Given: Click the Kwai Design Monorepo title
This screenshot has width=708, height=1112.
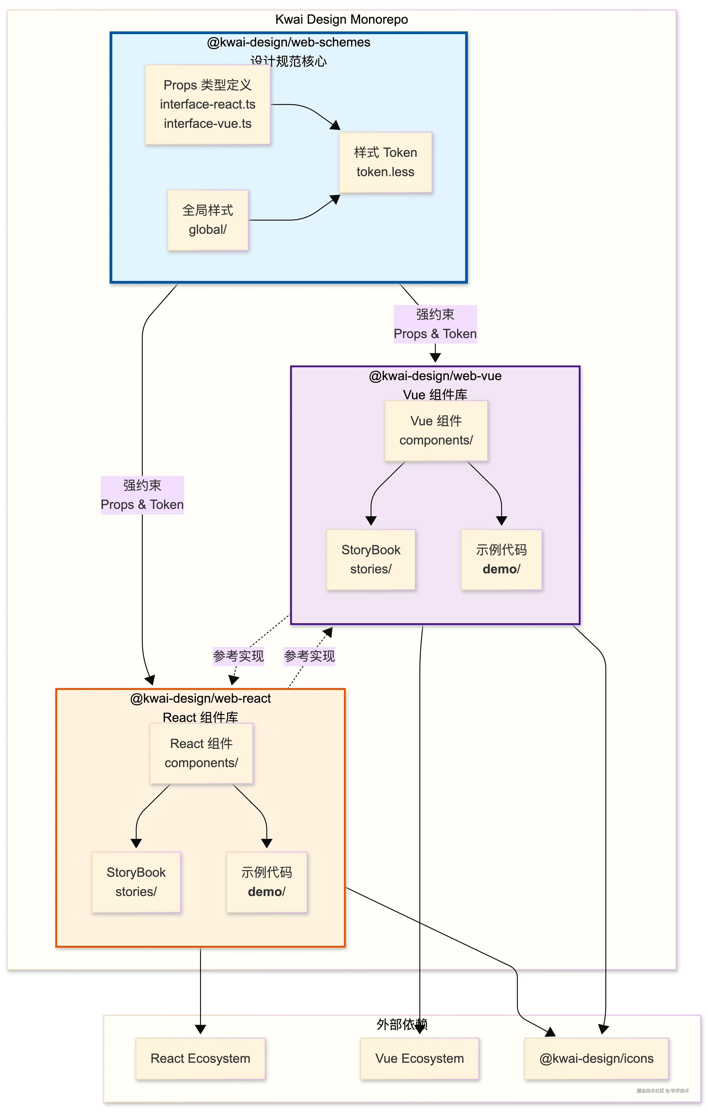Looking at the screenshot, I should point(342,19).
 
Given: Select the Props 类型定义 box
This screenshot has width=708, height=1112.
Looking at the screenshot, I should point(208,104).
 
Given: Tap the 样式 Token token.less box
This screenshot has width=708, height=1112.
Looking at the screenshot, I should point(385,162).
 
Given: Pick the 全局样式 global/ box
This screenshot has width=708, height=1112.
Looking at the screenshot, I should point(208,220).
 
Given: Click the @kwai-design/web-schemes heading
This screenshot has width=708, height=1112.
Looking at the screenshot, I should point(288,42).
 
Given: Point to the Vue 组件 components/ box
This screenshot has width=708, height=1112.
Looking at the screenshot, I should point(436,430).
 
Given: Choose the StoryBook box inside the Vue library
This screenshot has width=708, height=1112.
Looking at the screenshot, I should point(371,559).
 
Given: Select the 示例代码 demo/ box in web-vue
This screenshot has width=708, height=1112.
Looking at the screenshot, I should point(501,559).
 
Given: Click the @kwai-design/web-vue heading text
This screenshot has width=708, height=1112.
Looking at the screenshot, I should point(435,376).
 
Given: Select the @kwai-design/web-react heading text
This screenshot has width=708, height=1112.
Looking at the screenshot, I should point(200,698).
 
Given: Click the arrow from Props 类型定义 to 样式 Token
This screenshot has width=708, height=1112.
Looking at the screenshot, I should point(305,107).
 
